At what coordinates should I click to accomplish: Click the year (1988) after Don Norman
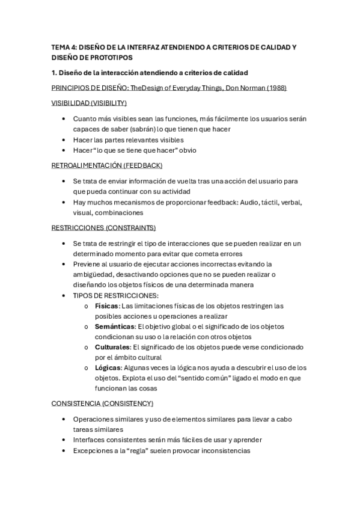(x=275, y=88)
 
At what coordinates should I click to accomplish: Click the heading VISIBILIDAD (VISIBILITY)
(x=89, y=103)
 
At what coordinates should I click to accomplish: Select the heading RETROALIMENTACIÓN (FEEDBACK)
(x=107, y=165)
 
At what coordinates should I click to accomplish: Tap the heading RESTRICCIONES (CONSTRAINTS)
(x=103, y=228)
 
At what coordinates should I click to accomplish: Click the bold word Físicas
(x=106, y=306)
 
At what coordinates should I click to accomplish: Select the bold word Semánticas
(x=113, y=327)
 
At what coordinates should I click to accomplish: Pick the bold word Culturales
(x=112, y=347)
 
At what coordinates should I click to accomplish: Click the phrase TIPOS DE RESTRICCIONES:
(x=115, y=295)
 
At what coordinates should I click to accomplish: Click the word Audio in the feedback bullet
(x=239, y=201)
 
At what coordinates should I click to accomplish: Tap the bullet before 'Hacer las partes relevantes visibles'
(x=64, y=140)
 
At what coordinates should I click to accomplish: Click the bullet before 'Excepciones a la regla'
(x=64, y=450)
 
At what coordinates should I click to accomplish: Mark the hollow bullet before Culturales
(x=88, y=348)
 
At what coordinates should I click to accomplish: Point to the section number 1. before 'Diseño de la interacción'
(x=55, y=73)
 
